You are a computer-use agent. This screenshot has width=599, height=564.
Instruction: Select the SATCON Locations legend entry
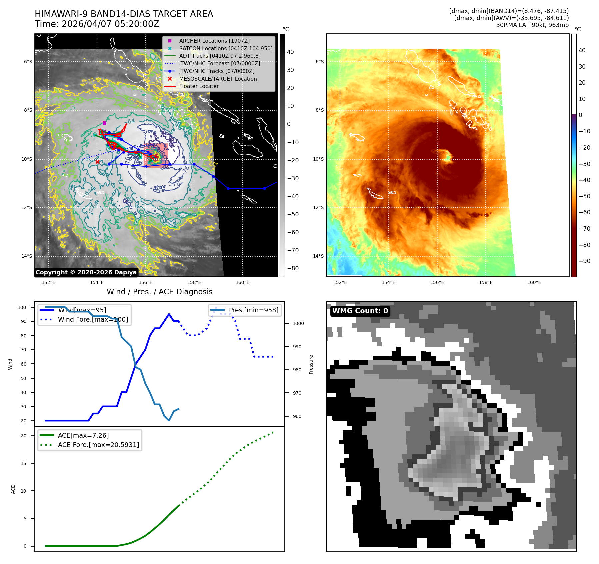[x=225, y=48]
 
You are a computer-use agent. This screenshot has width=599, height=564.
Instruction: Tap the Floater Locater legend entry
[x=199, y=86]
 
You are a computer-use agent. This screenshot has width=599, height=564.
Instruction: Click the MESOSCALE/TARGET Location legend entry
[x=218, y=79]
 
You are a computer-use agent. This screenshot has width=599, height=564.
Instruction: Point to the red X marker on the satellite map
[x=97, y=162]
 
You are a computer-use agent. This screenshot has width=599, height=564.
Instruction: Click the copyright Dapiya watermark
[x=86, y=272]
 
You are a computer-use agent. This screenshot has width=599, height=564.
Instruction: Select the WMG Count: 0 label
[x=360, y=311]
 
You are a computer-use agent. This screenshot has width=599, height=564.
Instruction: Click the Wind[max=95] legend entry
[x=82, y=310]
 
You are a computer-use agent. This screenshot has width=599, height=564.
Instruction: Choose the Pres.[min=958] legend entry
[x=253, y=310]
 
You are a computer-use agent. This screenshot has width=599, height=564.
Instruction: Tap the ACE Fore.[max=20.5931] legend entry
[x=98, y=445]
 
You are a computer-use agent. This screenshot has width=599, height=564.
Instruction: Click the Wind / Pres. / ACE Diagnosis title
[x=159, y=292]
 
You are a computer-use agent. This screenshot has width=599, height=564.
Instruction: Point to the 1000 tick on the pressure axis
[x=298, y=323]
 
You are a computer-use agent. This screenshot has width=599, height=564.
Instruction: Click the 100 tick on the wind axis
[x=22, y=307]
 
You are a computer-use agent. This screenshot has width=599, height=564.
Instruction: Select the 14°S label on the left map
[x=27, y=256]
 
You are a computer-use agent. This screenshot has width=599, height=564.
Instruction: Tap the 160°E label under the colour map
[x=534, y=282]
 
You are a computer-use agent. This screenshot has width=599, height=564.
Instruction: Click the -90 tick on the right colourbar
[x=584, y=261]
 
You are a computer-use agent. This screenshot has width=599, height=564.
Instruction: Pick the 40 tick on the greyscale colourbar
[x=290, y=52]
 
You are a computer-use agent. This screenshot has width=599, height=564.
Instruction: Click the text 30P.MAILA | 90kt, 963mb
[x=532, y=25]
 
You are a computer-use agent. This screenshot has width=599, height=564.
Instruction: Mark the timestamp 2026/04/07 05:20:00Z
[x=110, y=24]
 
